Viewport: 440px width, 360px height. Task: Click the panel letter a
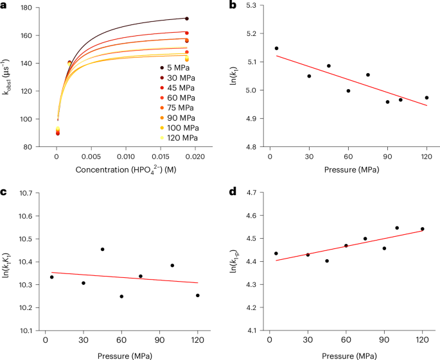(x=4, y=5)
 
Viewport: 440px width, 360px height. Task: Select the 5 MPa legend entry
(x=178, y=67)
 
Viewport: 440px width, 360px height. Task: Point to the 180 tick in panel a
(x=28, y=8)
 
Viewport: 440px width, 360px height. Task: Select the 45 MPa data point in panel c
(x=102, y=249)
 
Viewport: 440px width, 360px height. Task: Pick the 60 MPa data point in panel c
(x=121, y=296)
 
